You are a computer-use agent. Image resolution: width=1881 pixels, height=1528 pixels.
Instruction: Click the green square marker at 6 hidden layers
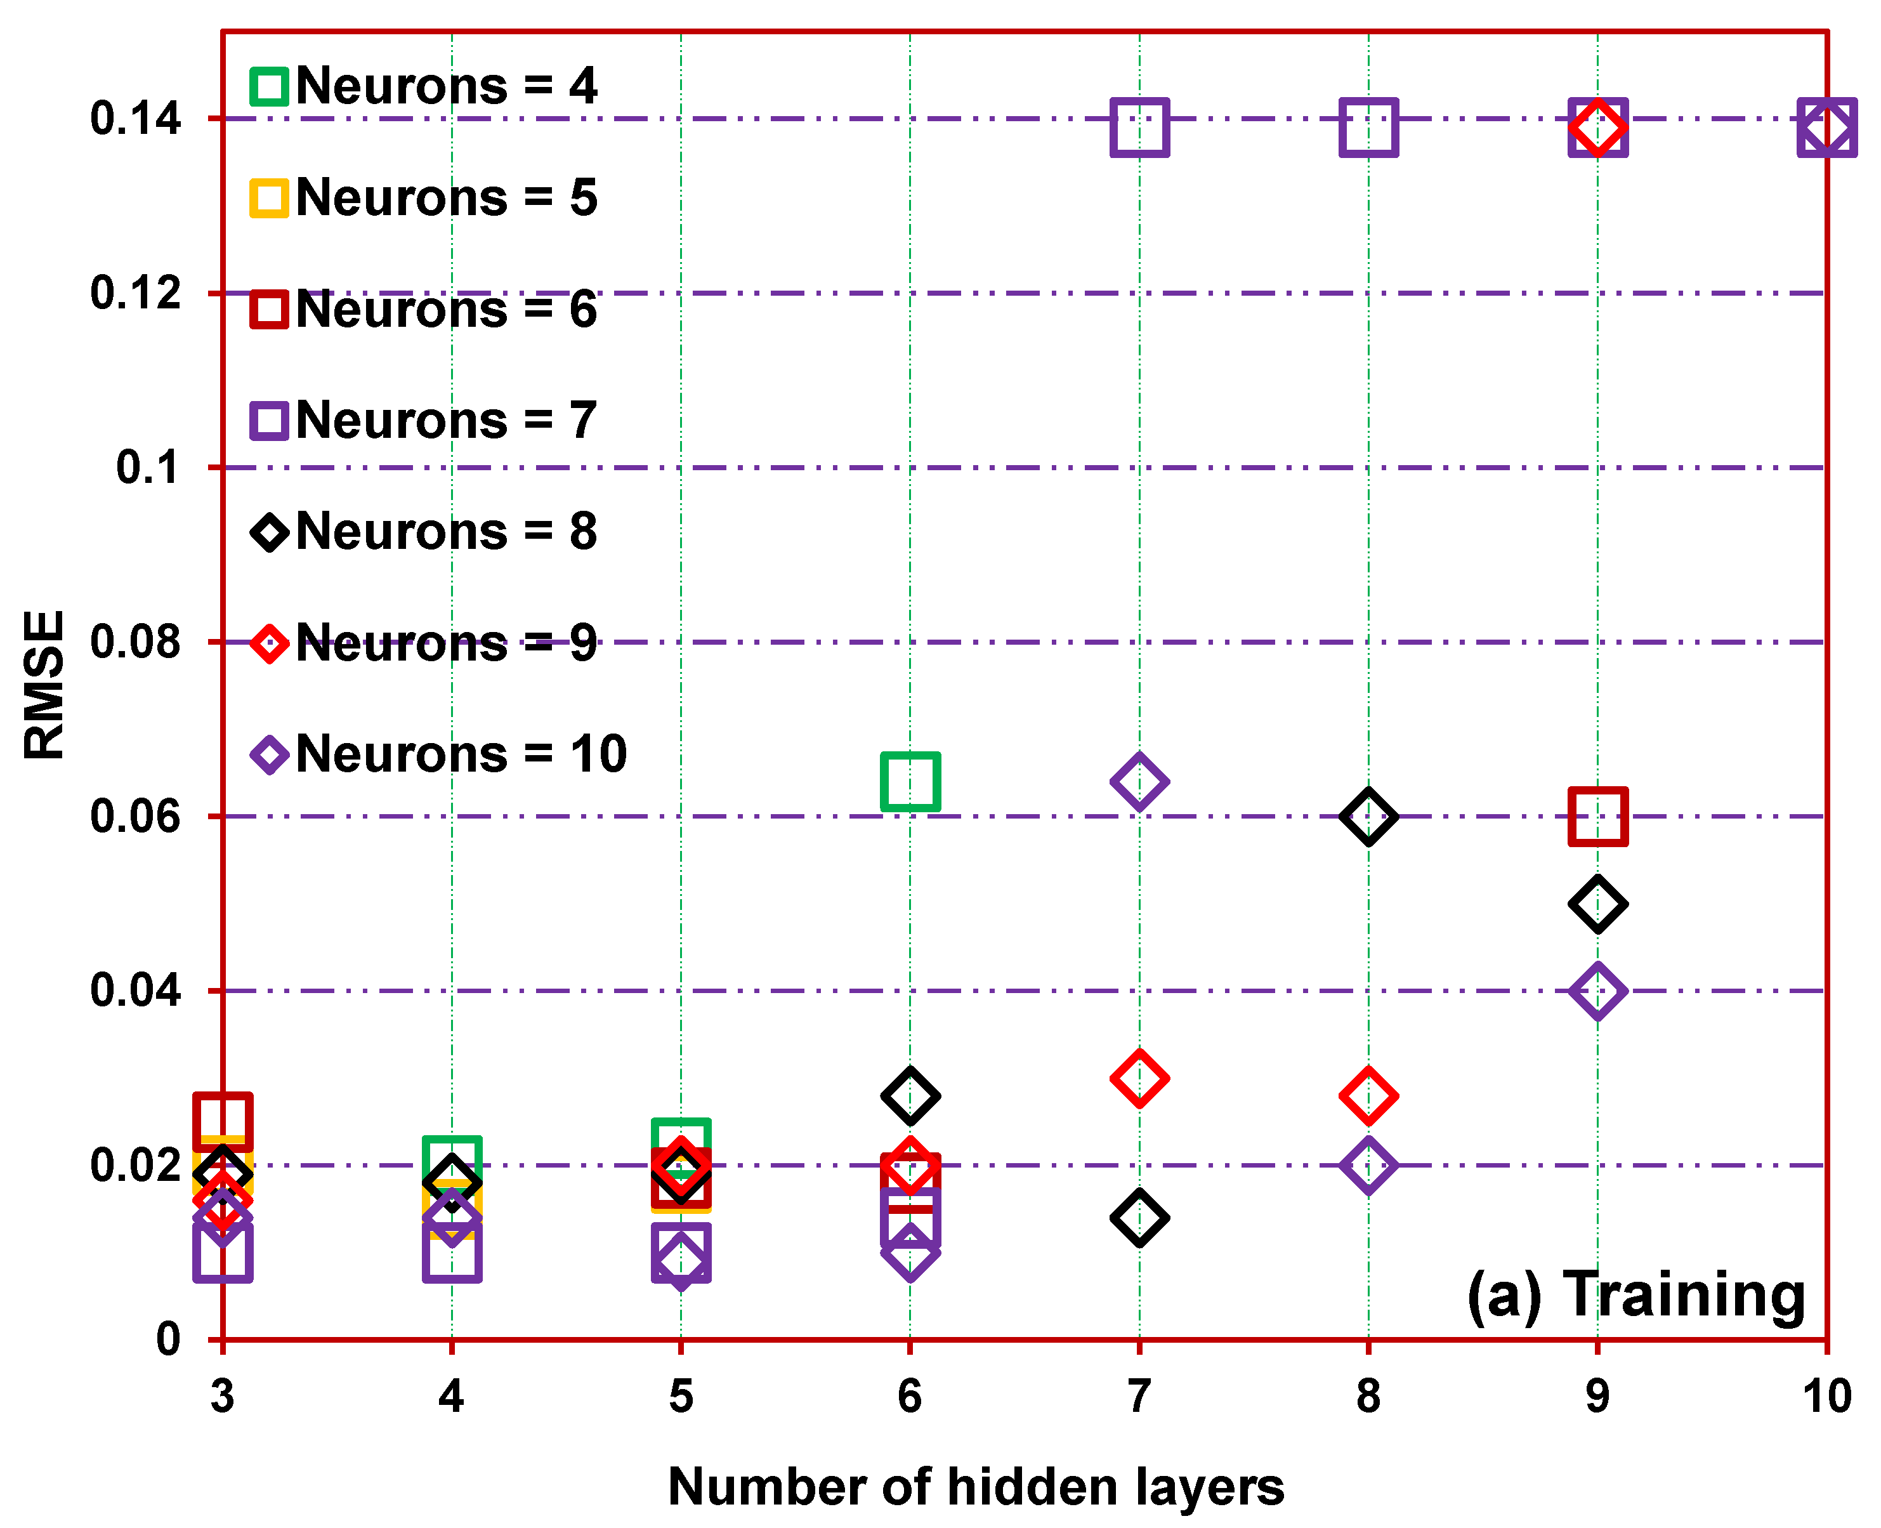click(x=910, y=782)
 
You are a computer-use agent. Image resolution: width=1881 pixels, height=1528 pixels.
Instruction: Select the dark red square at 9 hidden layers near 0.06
click(x=1597, y=817)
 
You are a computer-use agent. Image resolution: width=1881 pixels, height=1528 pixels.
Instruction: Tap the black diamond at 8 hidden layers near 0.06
click(x=1368, y=817)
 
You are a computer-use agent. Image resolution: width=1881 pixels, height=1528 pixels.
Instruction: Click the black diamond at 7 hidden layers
click(x=1139, y=1218)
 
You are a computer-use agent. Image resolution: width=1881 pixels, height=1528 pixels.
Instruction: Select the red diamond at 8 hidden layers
click(x=1368, y=1097)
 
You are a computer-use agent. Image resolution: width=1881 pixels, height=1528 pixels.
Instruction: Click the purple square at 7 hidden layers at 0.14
click(x=1139, y=128)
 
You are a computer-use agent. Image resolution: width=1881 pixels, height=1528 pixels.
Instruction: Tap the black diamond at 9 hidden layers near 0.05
click(x=1597, y=904)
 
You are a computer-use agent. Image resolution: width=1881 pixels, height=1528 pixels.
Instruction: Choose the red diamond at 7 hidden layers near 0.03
click(x=1139, y=1078)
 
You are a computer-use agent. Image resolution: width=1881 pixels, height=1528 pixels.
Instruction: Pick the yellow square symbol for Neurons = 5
click(x=269, y=198)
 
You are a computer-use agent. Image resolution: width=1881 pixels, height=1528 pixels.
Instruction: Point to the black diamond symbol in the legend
click(x=269, y=532)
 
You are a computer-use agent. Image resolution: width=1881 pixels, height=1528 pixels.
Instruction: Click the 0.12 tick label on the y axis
click(x=136, y=293)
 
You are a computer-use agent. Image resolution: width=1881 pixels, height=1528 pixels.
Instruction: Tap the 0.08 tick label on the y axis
click(x=136, y=643)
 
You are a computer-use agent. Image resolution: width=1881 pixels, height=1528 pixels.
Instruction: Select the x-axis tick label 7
click(x=1139, y=1397)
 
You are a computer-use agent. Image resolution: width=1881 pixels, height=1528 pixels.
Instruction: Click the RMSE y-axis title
click(x=44, y=685)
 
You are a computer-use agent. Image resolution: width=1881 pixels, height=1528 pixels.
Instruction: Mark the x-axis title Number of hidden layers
click(x=976, y=1487)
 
